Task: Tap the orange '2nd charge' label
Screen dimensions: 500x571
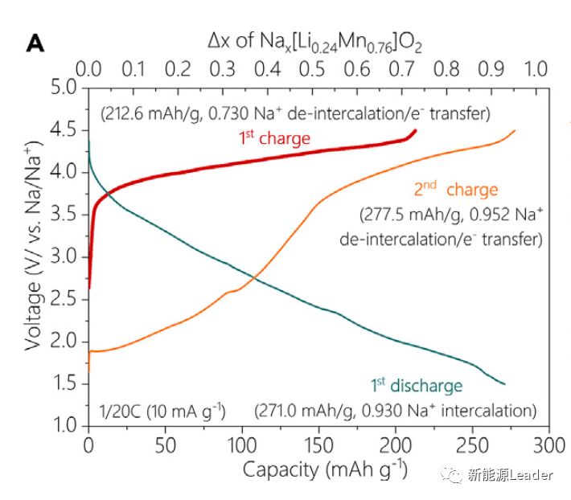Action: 456,191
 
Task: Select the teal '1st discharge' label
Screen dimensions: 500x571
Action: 416,386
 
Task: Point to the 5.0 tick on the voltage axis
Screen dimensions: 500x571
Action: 62,87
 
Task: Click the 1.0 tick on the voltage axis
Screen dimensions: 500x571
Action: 62,426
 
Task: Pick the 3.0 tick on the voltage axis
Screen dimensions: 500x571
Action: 62,256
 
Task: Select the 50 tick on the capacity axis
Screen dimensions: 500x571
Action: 165,445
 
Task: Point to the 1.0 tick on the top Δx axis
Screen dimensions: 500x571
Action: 536,68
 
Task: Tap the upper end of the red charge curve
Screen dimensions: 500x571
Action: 414,131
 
